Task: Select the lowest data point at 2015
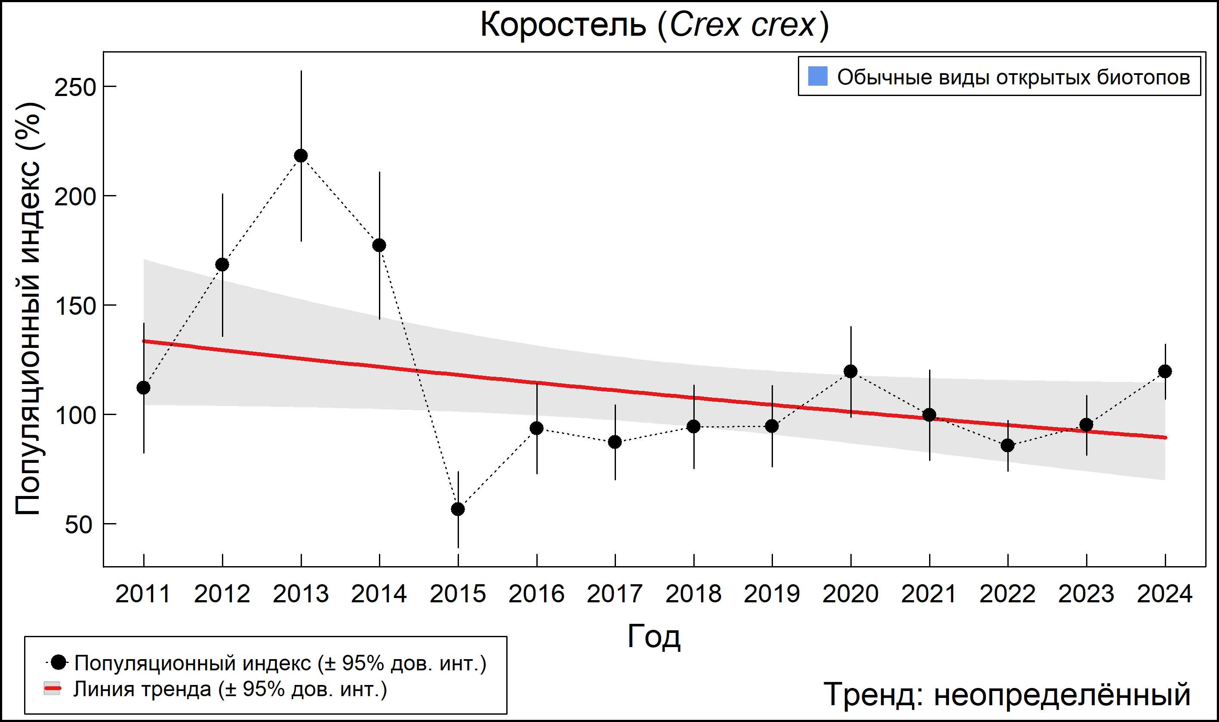[458, 509]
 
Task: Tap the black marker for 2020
[850, 371]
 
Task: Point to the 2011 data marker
[143, 388]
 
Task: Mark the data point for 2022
[1007, 445]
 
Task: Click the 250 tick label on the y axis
[75, 87]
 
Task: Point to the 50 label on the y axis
[78, 524]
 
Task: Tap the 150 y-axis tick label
[75, 306]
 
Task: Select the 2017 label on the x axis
[615, 594]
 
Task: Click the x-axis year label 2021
[929, 594]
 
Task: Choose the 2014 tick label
[379, 594]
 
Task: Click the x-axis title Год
[654, 636]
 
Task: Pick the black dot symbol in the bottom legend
[58, 662]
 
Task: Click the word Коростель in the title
[563, 25]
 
